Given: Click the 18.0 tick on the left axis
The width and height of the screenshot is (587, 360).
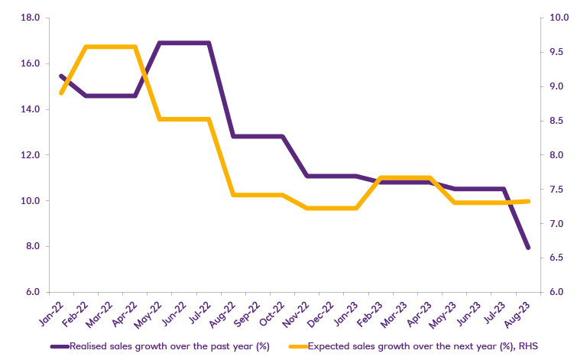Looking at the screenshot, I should click(x=30, y=18).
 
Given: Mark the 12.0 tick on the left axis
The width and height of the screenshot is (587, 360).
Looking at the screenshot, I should click(x=30, y=155).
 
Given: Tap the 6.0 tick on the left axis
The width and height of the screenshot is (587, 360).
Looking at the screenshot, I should click(x=31, y=293).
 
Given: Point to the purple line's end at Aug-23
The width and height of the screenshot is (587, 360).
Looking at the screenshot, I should click(x=527, y=248).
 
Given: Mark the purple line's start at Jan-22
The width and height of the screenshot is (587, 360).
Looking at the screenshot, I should click(x=60, y=76).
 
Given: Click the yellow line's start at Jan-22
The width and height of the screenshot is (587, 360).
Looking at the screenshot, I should click(x=60, y=93).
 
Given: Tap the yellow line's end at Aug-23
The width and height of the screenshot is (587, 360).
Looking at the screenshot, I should click(x=527, y=201).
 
